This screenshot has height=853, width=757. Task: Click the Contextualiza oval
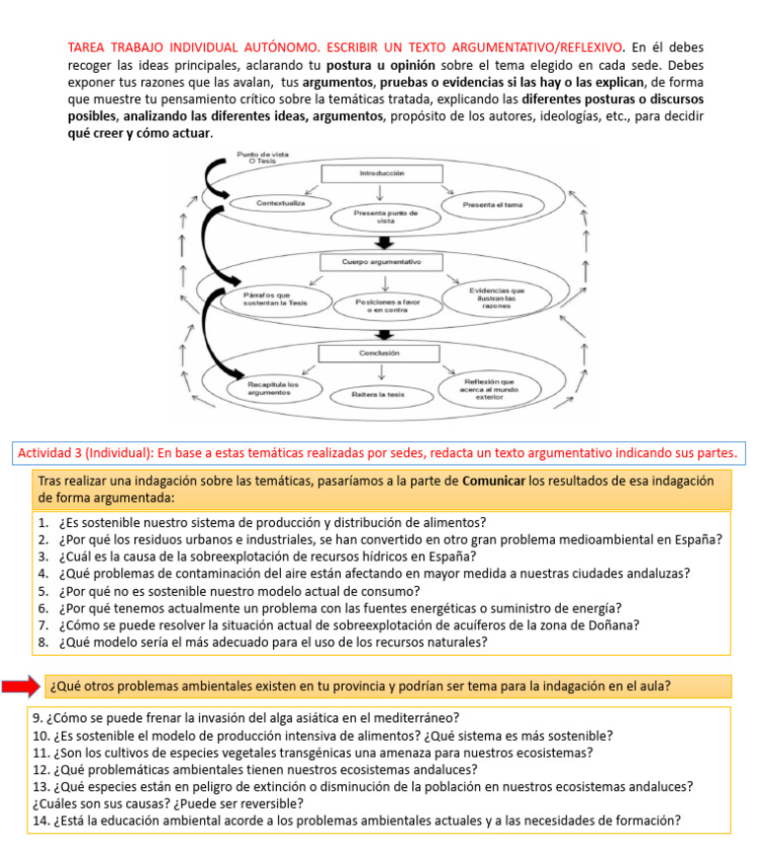click(x=280, y=204)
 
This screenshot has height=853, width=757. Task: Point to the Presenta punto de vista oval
click(x=384, y=217)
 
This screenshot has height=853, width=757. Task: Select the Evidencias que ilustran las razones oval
click(x=497, y=296)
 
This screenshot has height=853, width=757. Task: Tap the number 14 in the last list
click(x=40, y=820)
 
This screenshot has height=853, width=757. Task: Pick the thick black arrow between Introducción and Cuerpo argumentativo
click(x=385, y=242)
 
